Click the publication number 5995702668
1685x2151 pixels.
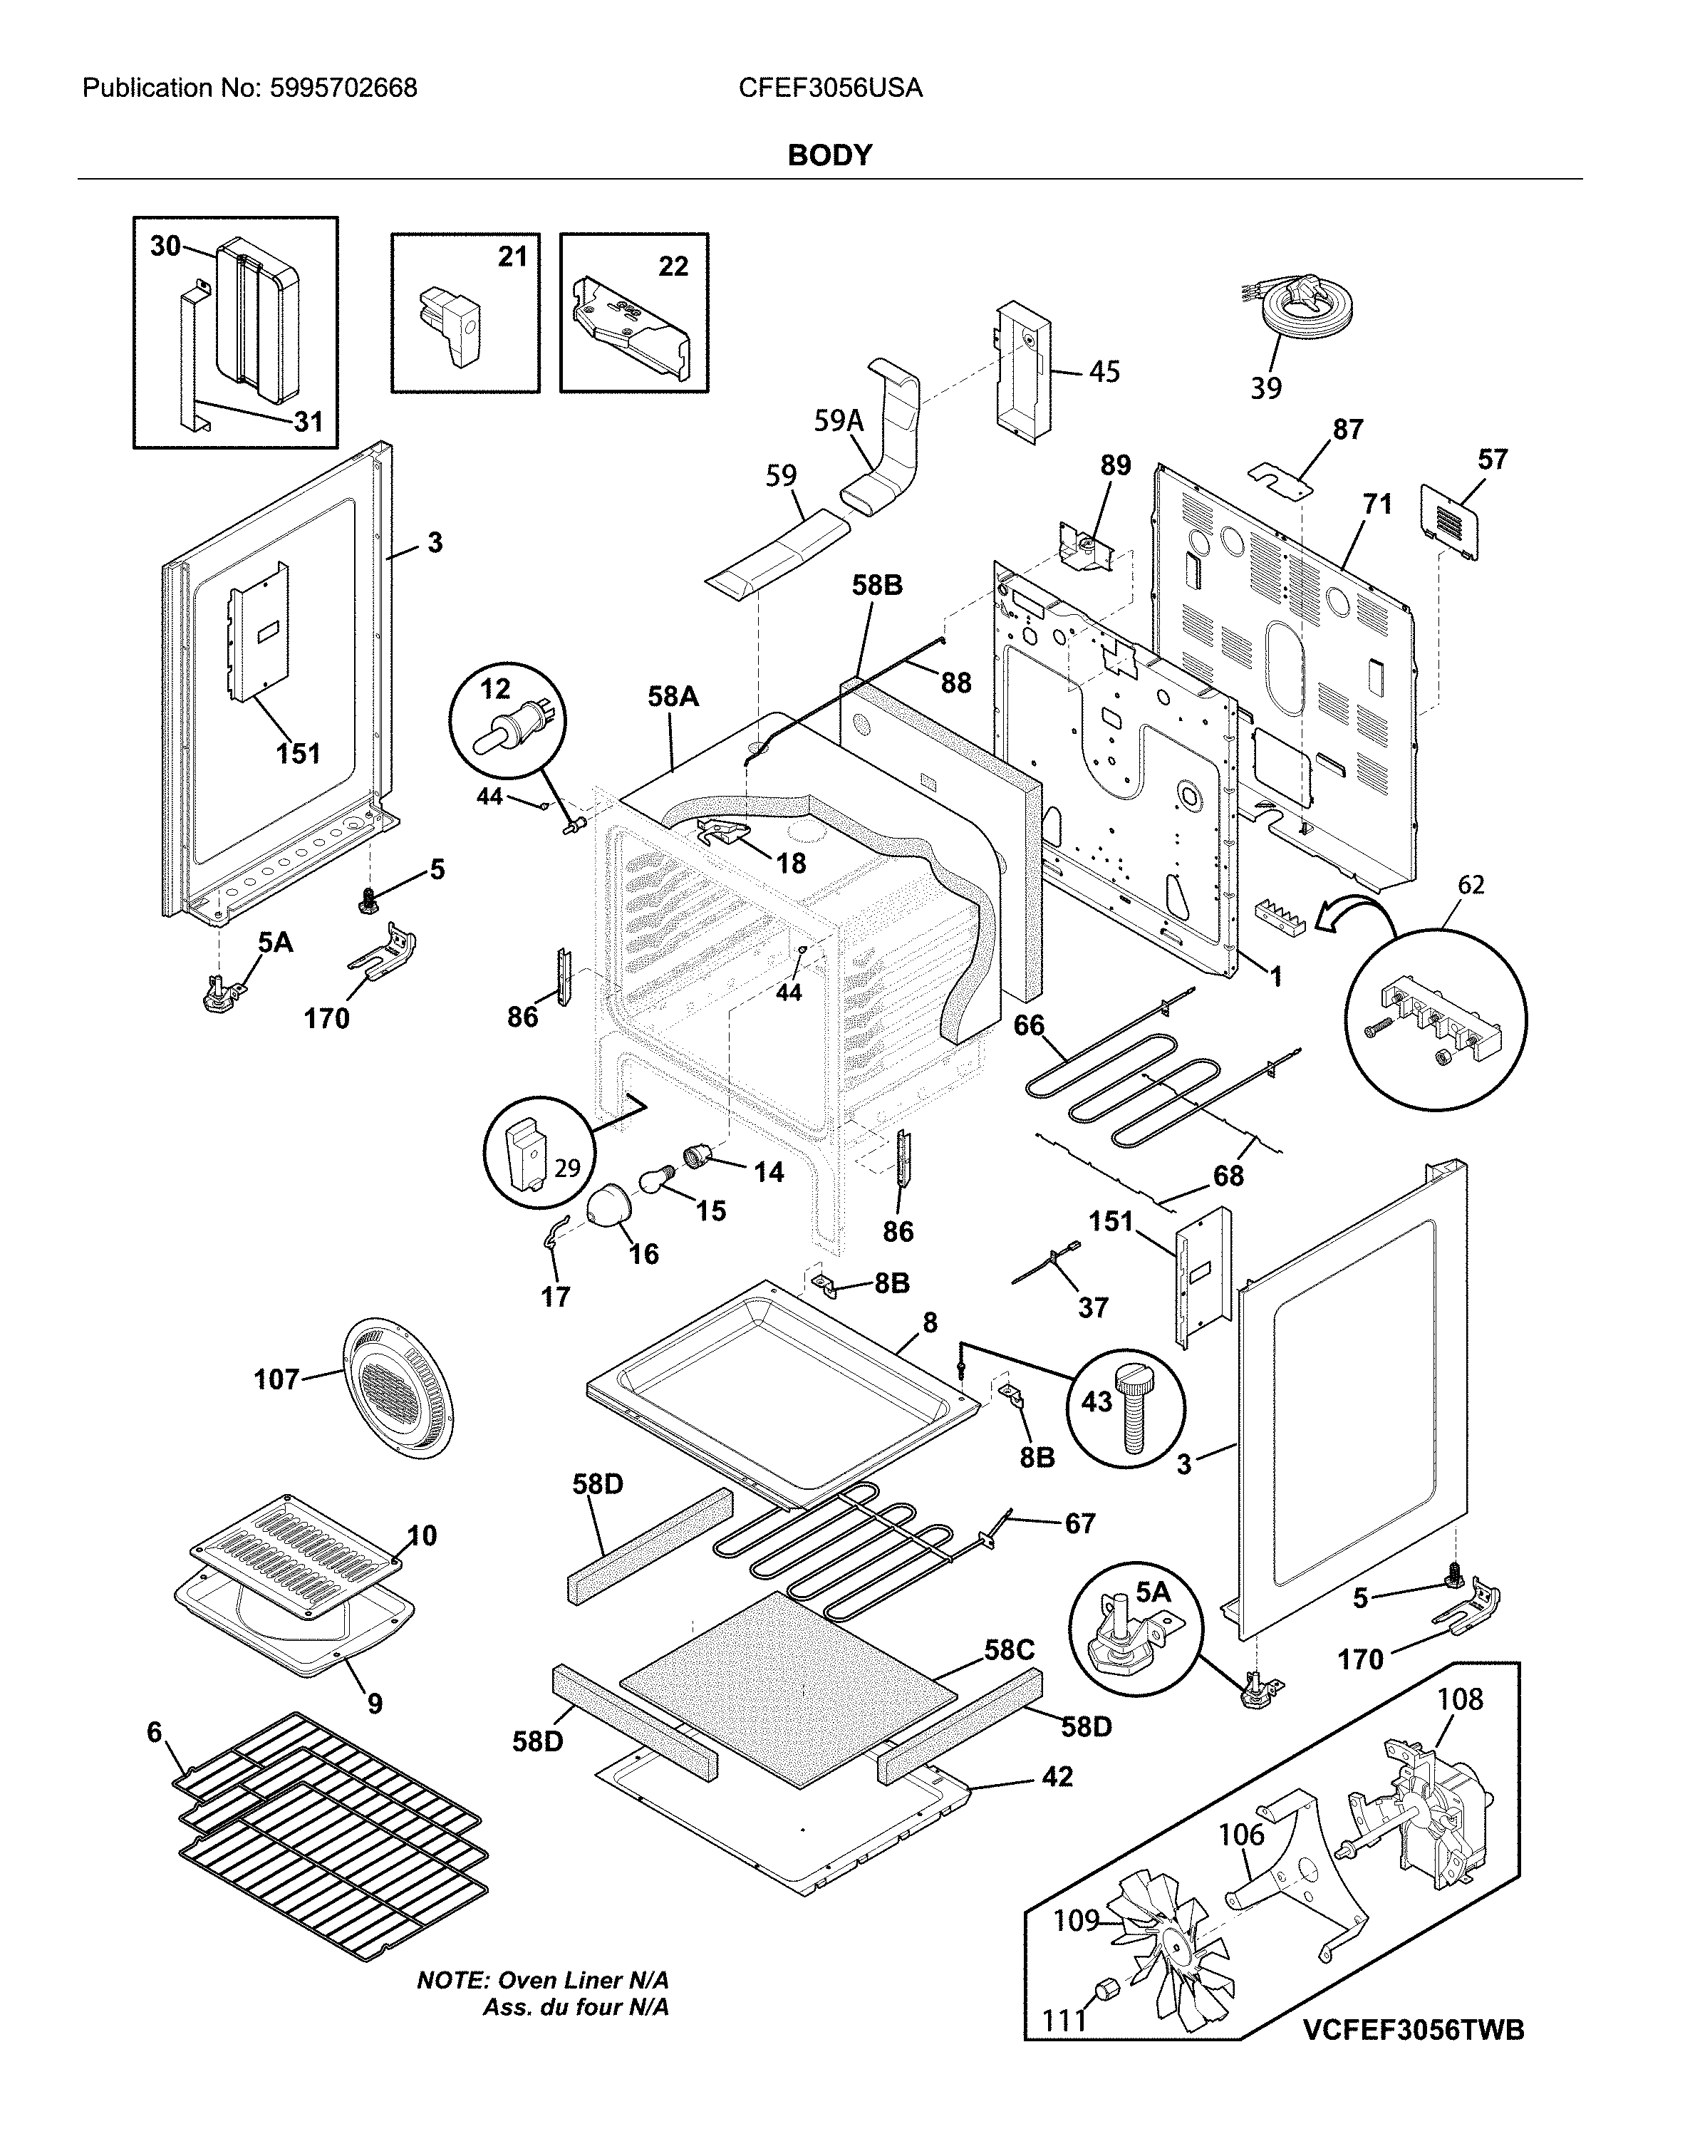[x=341, y=89]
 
